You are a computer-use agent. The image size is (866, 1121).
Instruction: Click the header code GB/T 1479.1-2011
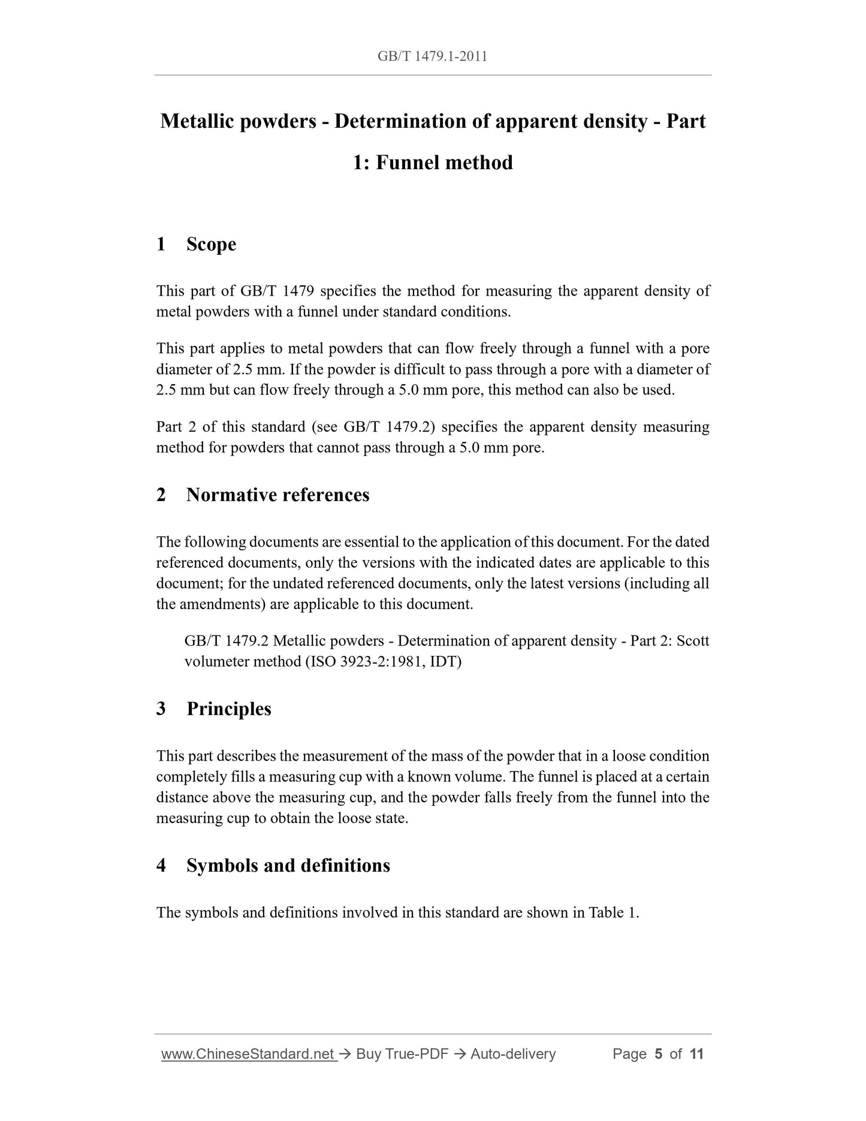[432, 56]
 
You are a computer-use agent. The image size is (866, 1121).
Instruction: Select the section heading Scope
[211, 244]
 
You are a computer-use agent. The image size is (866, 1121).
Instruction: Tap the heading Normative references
[277, 495]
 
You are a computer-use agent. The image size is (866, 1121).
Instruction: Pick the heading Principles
[228, 709]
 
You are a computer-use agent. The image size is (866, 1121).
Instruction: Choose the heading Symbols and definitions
[288, 865]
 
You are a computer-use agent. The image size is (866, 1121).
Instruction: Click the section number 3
[161, 709]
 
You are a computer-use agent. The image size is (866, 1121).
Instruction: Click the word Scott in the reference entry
[693, 641]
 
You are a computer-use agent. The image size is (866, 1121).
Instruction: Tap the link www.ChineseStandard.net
[248, 1054]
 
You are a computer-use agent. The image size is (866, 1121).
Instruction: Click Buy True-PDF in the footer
[402, 1054]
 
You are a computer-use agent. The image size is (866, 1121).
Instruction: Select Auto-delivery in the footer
[513, 1054]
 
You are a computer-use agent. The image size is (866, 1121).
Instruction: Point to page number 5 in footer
[659, 1054]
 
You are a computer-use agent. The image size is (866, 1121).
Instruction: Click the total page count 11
[696, 1054]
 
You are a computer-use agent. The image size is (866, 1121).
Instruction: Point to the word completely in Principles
[191, 777]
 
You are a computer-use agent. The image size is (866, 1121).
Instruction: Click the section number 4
[161, 865]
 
